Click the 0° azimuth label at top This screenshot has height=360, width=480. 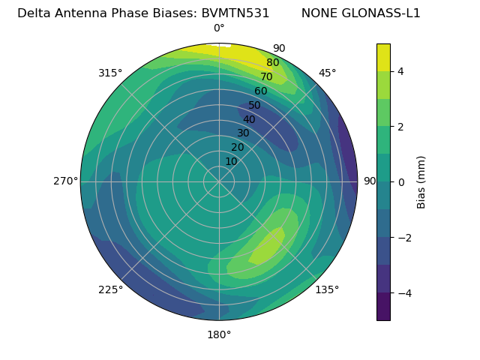219,28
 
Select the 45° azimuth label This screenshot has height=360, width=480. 327,73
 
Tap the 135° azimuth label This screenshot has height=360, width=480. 327,289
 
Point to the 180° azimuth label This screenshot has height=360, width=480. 219,334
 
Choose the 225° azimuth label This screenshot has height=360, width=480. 110,289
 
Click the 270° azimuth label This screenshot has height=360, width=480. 65,181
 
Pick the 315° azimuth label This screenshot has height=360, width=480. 110,73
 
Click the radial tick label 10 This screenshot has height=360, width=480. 231,161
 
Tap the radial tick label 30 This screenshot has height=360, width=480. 243,133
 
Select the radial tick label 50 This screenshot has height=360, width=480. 255,106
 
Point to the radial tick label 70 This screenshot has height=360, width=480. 266,77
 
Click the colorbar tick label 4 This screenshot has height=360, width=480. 401,71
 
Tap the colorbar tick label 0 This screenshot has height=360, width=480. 401,181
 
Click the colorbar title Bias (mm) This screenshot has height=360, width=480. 421,181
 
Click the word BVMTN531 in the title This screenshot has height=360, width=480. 235,13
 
